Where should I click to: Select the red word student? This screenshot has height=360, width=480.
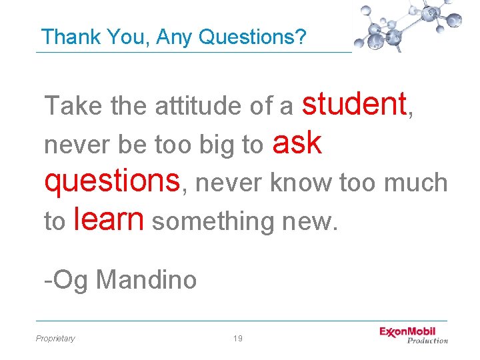[354, 105]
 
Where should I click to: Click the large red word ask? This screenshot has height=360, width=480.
[297, 143]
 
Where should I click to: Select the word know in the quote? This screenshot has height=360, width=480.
[301, 182]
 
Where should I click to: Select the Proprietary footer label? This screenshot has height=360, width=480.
[55, 339]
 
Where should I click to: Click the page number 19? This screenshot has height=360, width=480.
[238, 339]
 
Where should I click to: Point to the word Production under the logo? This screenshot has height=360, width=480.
[427, 341]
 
